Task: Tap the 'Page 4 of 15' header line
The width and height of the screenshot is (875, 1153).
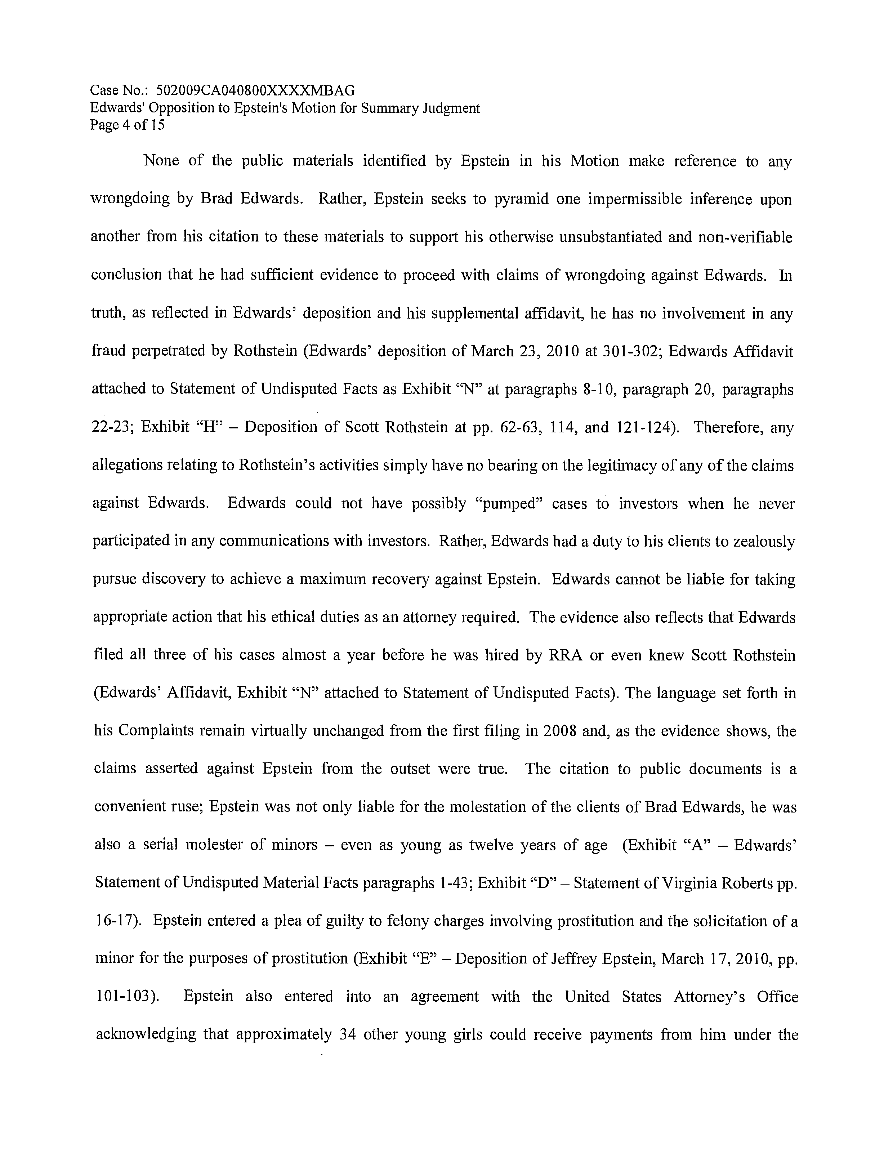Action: pyautogui.click(x=127, y=125)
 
